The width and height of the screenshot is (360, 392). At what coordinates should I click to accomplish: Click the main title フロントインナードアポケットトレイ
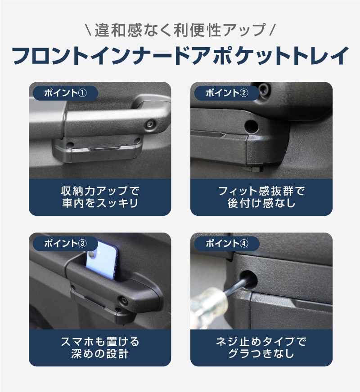pos(180,56)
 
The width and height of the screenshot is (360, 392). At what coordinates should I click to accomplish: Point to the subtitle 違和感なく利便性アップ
pos(180,30)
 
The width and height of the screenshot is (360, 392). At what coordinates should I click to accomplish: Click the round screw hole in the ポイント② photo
pos(252,125)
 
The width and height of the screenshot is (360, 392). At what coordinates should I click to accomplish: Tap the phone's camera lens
pos(93,255)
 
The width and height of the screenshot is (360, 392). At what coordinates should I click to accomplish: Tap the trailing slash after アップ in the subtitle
pos(272,31)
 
